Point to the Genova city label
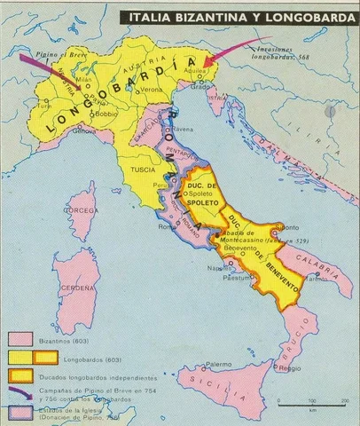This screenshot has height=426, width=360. [x=84, y=130]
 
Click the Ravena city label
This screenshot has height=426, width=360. [x=182, y=127]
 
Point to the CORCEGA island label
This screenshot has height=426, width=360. [x=82, y=210]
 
